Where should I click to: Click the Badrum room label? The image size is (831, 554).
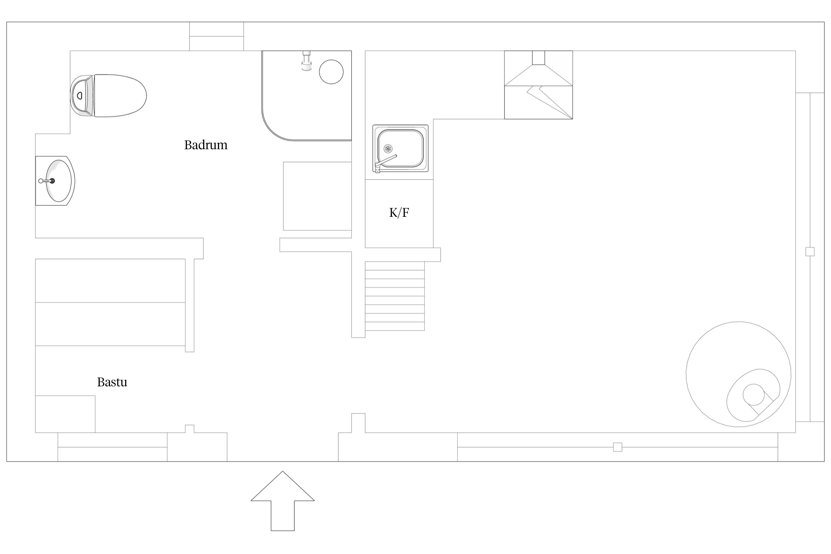(x=206, y=145)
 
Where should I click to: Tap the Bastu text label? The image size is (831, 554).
(x=112, y=382)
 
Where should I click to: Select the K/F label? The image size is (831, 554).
(x=399, y=212)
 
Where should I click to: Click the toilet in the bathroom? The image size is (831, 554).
(x=108, y=96)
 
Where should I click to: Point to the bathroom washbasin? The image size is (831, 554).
(x=55, y=181)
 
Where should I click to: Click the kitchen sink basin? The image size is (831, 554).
(x=400, y=148)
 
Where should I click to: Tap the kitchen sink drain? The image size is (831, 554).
(x=388, y=148)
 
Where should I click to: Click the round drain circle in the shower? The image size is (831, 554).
(x=331, y=72)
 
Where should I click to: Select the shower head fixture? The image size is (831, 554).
(x=306, y=61)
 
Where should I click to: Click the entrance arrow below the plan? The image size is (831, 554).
(x=283, y=501)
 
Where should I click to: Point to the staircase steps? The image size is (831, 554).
(x=395, y=296)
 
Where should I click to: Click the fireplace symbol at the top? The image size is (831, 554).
(x=538, y=85)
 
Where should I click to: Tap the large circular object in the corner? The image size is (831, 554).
(x=738, y=374)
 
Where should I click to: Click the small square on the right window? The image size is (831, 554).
(x=810, y=252)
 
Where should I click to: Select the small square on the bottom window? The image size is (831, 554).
(x=618, y=447)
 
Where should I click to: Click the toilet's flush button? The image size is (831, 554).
(x=79, y=96)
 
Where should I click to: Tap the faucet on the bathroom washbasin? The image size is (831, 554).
(x=47, y=181)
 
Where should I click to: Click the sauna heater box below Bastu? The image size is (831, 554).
(x=65, y=414)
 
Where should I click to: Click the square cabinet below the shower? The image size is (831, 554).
(x=317, y=196)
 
